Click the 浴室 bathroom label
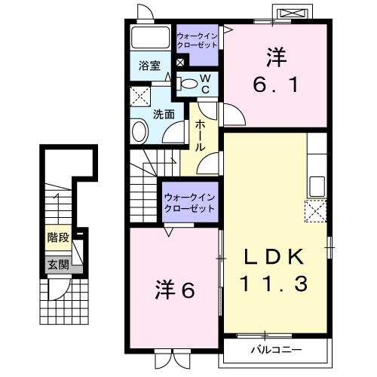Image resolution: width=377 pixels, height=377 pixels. click(149, 66)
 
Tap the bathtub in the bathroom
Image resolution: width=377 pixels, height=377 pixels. click(151, 38)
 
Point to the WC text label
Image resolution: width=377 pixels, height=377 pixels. click(204, 83)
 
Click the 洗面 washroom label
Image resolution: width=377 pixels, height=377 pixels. click(165, 114)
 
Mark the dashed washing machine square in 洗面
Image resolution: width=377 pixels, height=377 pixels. click(140, 96)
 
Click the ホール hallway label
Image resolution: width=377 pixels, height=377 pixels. click(201, 135)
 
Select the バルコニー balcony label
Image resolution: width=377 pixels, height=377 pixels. click(275, 351)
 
